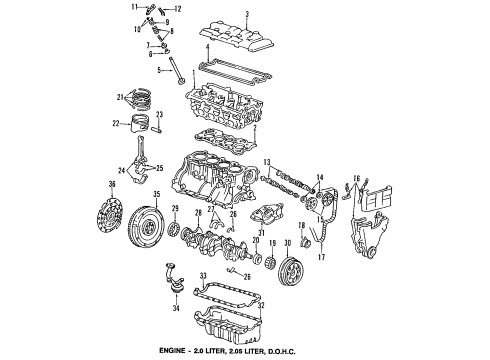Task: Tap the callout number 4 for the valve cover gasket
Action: point(205,47)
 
